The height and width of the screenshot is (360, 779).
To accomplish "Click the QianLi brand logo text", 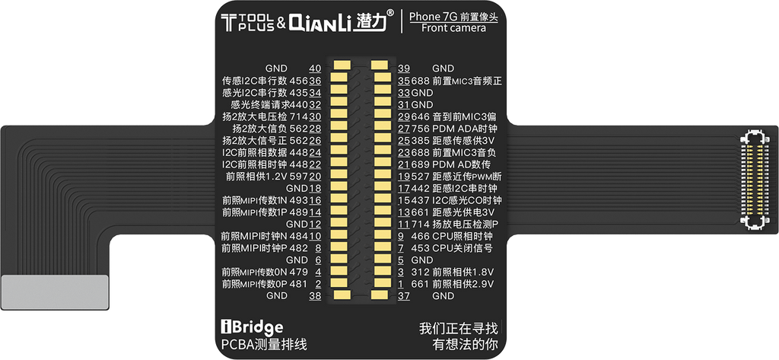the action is (322, 22).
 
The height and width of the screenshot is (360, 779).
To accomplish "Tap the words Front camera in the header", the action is (453, 28).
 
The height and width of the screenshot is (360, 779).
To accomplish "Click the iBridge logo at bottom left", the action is (252, 327).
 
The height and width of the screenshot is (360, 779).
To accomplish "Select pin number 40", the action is (315, 68).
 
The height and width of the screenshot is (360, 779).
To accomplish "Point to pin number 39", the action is (403, 68).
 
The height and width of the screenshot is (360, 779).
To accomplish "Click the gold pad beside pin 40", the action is (342, 65).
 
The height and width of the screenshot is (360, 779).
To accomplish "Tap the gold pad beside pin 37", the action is (379, 295).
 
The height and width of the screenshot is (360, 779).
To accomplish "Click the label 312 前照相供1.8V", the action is (452, 272).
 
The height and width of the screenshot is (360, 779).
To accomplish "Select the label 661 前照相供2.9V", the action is (452, 284).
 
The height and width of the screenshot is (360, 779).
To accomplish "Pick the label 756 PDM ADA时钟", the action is (453, 129).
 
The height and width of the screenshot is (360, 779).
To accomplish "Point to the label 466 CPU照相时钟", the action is (452, 236).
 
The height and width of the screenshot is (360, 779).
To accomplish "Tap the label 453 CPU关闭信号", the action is (452, 247).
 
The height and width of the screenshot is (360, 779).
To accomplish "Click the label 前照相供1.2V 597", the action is (267, 177).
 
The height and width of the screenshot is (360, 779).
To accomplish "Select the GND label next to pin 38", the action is (276, 296).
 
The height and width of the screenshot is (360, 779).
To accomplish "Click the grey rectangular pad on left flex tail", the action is (55, 292).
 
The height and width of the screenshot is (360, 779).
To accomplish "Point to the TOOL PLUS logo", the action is (247, 23).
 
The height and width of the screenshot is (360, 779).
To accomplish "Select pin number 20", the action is (315, 177).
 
